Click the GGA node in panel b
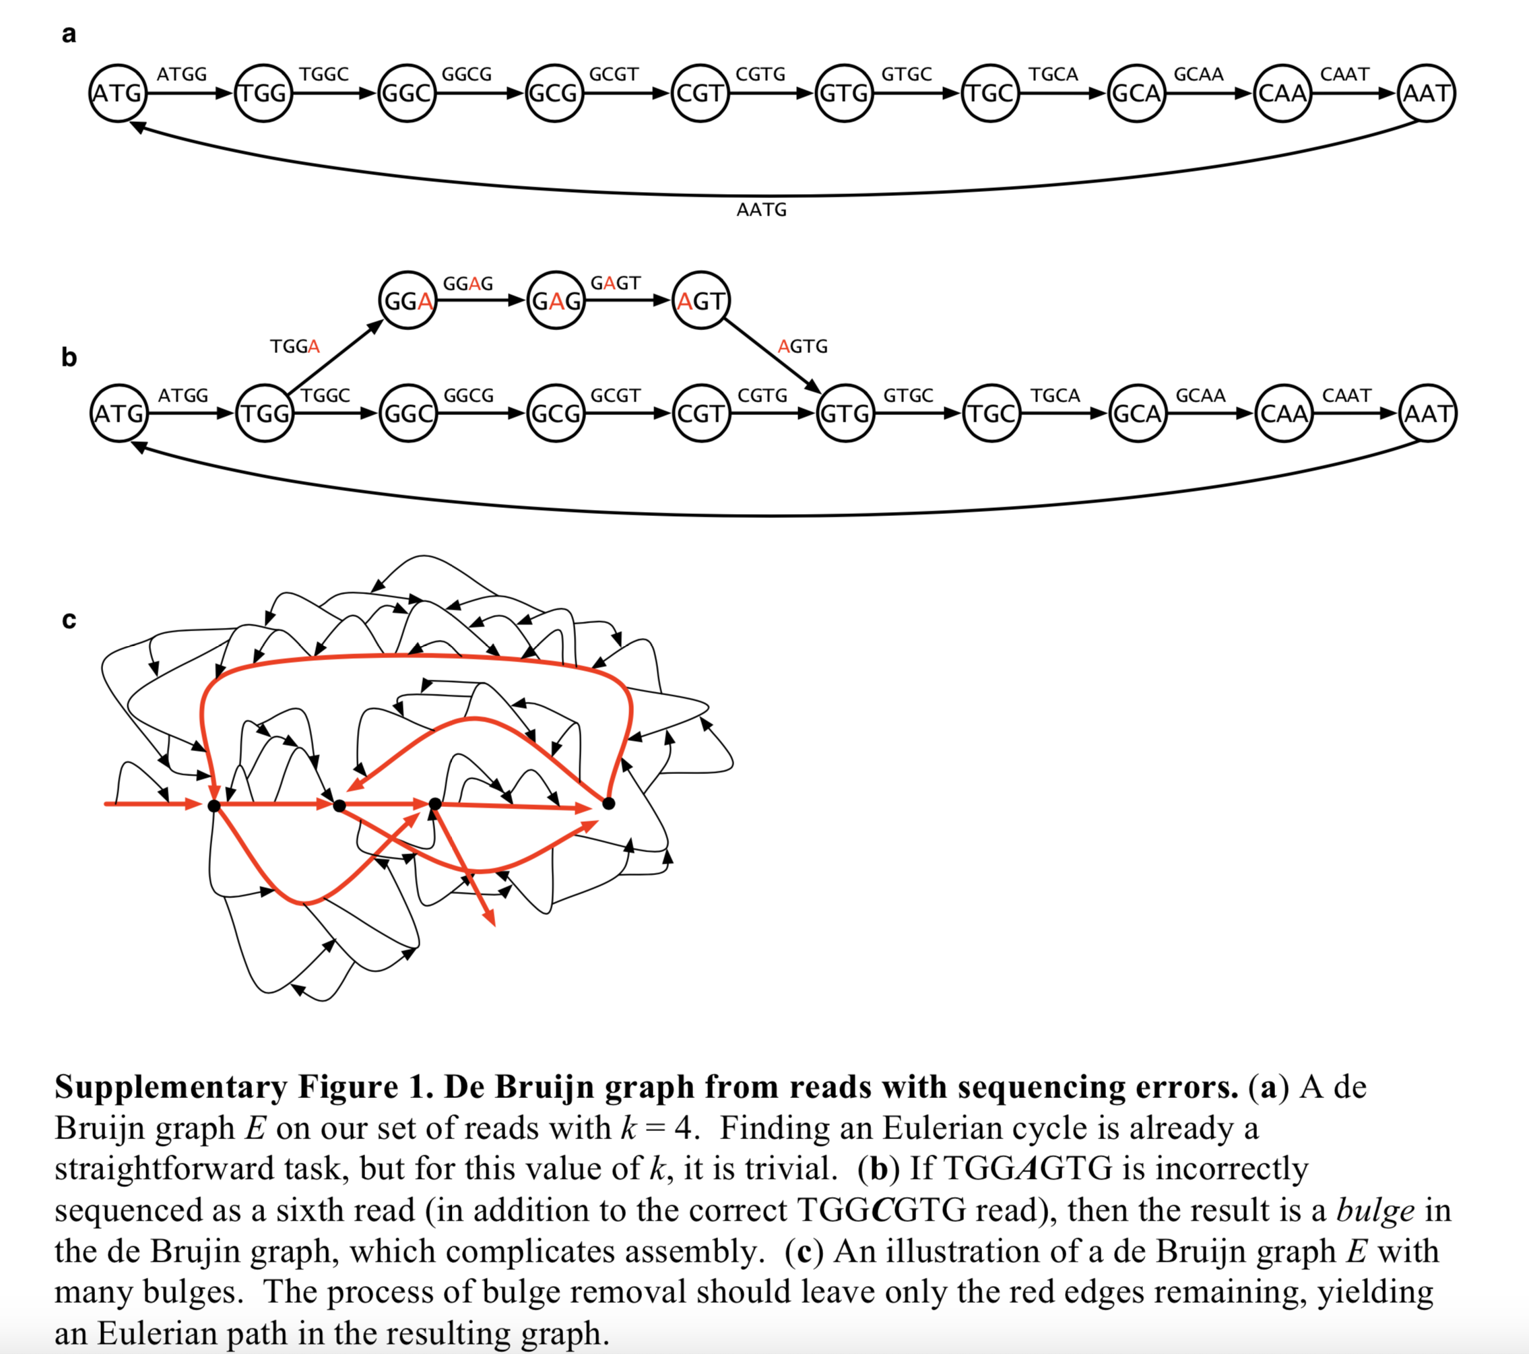[x=408, y=300]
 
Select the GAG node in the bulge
[x=555, y=300]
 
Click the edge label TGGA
[x=295, y=346]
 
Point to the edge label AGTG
[x=803, y=346]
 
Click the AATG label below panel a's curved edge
[x=762, y=210]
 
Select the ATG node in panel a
[x=117, y=94]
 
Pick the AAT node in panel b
[x=1427, y=414]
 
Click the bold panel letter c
[x=69, y=620]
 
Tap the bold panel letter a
[x=69, y=34]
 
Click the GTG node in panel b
[x=845, y=414]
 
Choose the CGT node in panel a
[x=700, y=94]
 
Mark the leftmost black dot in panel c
[x=214, y=806]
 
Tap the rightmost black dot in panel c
[x=609, y=804]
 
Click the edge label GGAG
[x=468, y=284]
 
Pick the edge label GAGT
[x=615, y=284]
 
